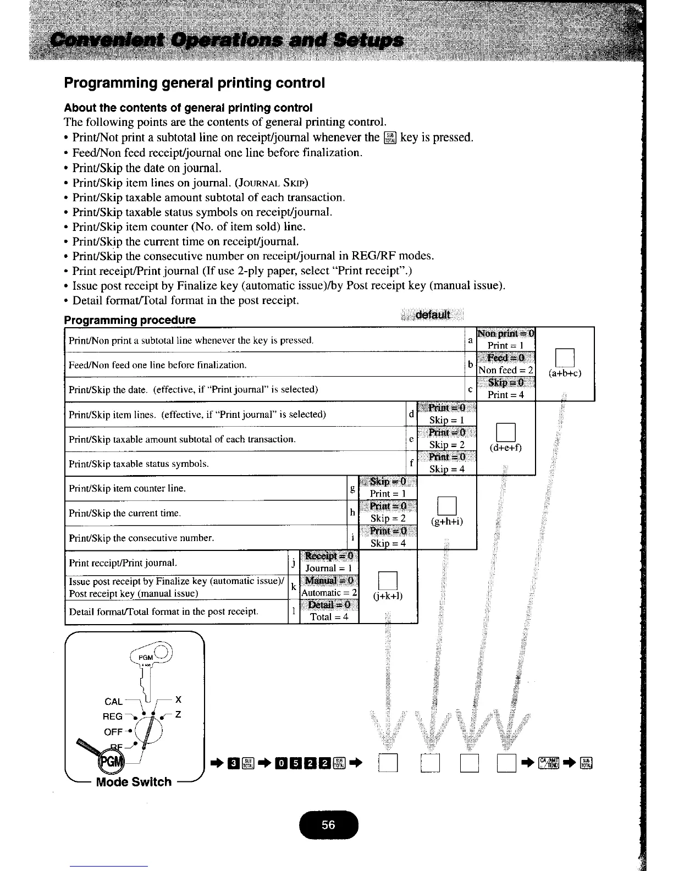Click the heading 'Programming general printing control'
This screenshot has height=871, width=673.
[x=195, y=83]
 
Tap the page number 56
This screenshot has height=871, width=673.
[x=328, y=825]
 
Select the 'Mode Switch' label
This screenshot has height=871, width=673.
[x=134, y=781]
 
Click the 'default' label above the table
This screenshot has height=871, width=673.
[x=433, y=315]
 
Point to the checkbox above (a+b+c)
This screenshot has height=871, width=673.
[x=565, y=358]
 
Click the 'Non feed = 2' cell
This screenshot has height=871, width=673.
[x=506, y=370]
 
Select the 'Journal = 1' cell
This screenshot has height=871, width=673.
[x=329, y=568]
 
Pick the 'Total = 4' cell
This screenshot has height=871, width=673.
[x=329, y=616]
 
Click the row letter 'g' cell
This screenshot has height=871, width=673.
[x=352, y=488]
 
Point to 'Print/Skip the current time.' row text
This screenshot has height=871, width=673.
[x=125, y=513]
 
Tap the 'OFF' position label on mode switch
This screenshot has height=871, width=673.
[x=113, y=732]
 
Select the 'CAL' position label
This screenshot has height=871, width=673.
[x=113, y=701]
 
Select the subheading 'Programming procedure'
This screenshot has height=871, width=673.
[x=130, y=320]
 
